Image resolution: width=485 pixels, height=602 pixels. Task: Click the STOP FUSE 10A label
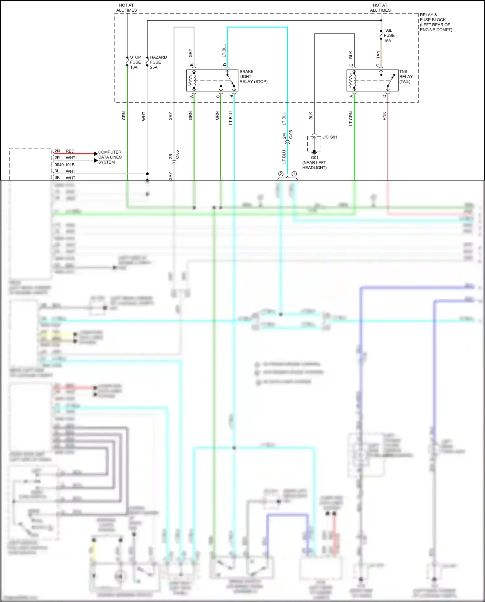pos(135,62)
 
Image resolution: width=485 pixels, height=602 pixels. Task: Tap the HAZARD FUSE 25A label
pos(158,62)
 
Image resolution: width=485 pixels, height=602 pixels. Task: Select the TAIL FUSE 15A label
pos(389,36)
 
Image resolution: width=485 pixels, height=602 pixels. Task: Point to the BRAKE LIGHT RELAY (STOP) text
pos(253,77)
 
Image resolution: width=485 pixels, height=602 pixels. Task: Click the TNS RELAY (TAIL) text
pos(406,77)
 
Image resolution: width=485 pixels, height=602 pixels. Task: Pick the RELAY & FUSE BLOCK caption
pos(435,22)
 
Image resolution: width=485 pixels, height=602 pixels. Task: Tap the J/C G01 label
pos(329,137)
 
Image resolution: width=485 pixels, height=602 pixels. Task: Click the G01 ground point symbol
pos(314,151)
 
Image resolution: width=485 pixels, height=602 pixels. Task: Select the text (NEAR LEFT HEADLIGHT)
pos(314,165)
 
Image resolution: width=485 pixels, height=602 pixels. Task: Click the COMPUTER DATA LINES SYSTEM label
pos(110,157)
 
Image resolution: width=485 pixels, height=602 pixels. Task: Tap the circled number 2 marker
pos(281,174)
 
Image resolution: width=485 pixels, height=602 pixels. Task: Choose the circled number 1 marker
pos(294,174)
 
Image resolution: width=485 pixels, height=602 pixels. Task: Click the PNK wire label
pos(384,116)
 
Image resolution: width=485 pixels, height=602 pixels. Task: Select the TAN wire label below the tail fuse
pos(378,55)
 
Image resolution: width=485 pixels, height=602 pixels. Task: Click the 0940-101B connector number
pos(64,165)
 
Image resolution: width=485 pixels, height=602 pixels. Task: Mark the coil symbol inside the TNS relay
pos(352,81)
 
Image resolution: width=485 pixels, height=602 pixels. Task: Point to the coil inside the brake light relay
pos(192,81)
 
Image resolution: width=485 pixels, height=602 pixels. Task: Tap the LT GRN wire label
pos(351,118)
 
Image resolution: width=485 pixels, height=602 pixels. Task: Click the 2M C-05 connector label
pos(287,135)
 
